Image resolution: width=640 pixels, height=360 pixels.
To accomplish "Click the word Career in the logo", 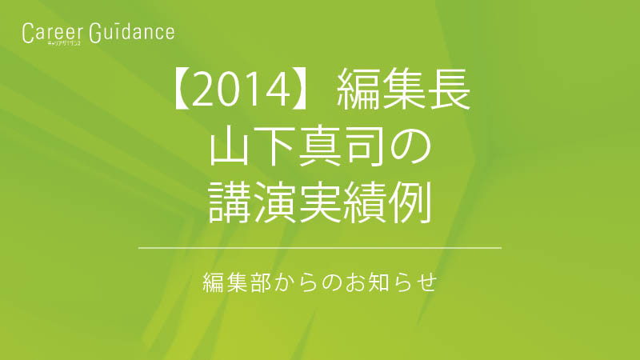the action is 53,33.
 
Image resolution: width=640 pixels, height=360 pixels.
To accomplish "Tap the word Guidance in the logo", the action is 132,33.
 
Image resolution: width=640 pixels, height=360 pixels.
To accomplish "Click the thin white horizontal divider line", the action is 320,248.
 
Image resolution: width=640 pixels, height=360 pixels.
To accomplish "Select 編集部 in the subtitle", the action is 237,282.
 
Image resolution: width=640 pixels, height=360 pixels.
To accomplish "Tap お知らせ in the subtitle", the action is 391,282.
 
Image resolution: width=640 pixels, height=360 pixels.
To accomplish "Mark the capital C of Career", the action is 27,33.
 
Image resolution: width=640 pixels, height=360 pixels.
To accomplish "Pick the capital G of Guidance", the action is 95,33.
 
